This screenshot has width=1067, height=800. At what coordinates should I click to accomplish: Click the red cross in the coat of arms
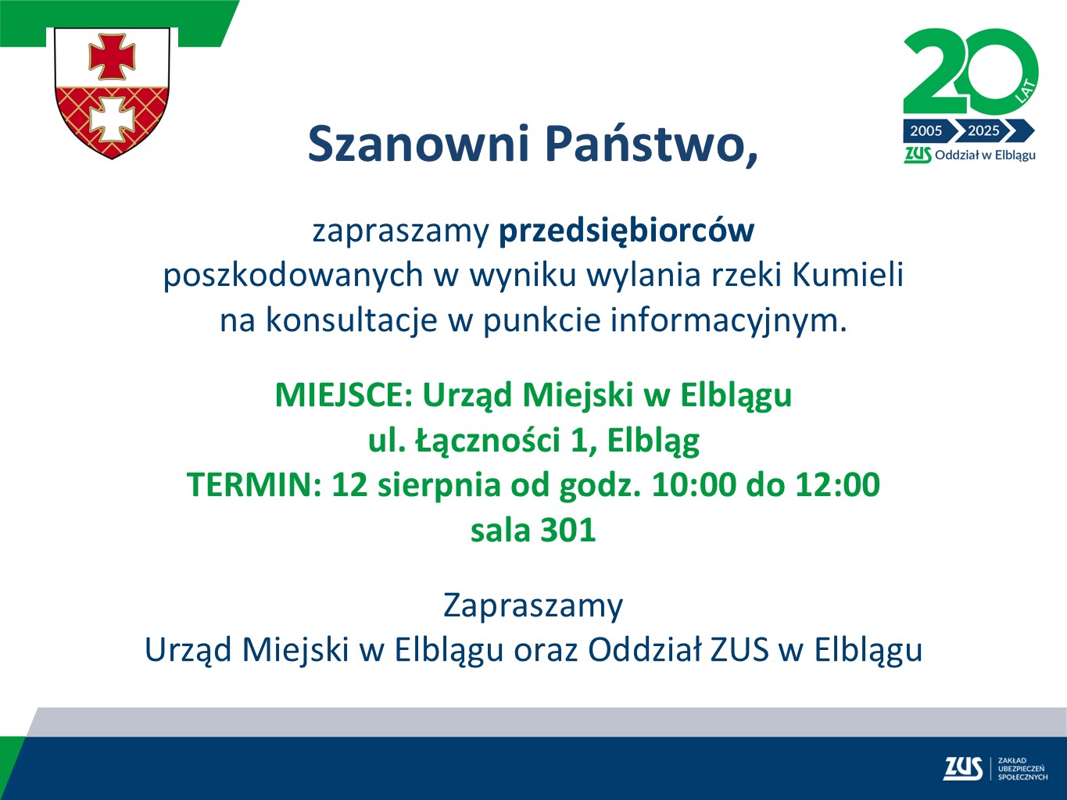(112, 56)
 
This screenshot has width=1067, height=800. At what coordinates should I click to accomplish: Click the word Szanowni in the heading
(418, 144)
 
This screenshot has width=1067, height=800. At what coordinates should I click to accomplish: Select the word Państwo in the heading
(650, 144)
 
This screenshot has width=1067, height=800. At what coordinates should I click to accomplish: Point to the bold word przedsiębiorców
(626, 230)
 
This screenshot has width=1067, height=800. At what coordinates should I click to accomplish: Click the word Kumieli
(848, 275)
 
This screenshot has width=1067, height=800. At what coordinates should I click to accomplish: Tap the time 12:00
(837, 485)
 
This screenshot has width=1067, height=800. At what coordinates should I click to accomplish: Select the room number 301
(568, 530)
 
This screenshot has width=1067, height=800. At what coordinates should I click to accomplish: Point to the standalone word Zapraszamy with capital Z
(533, 605)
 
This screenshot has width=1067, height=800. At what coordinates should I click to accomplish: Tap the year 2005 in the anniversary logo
(926, 131)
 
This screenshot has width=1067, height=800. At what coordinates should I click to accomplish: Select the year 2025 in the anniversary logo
(983, 131)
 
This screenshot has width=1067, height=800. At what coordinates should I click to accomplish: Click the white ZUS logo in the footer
(962, 769)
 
